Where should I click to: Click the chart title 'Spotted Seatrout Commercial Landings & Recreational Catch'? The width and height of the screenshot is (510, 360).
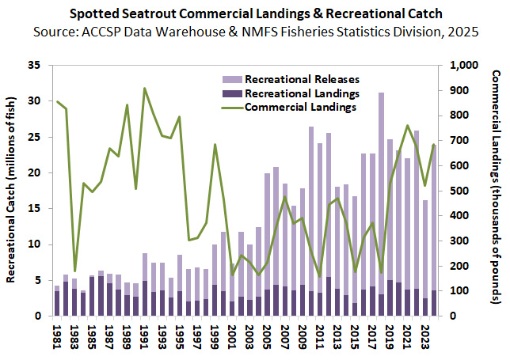pyautogui.click(x=254, y=14)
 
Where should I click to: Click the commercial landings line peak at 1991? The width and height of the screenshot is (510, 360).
pyautogui.click(x=145, y=89)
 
